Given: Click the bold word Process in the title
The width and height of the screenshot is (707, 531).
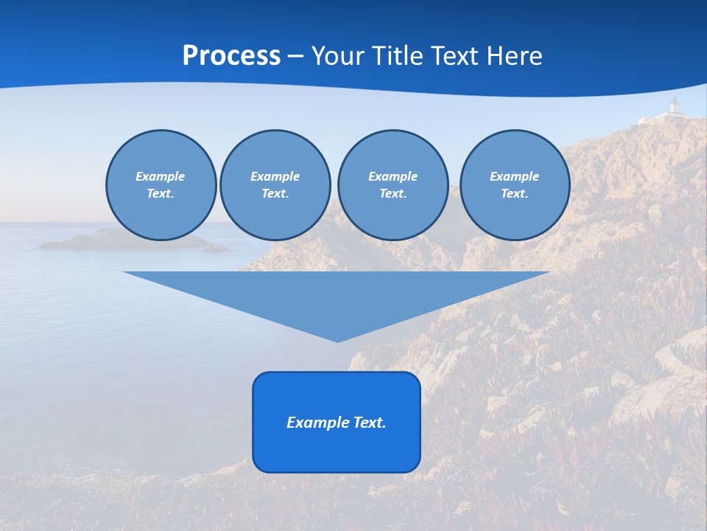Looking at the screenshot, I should point(231,56).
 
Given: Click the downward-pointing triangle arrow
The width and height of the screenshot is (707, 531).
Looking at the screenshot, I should point(337,295).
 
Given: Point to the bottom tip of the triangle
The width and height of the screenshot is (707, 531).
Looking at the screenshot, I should point(337,340).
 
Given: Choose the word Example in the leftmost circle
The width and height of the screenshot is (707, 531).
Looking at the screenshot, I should point(161,176).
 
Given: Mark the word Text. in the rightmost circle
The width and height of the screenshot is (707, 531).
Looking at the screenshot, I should point(514,193).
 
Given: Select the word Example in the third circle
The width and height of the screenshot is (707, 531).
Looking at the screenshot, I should point(393,176).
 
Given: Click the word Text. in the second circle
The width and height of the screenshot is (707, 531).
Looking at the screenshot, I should point(275,193).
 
